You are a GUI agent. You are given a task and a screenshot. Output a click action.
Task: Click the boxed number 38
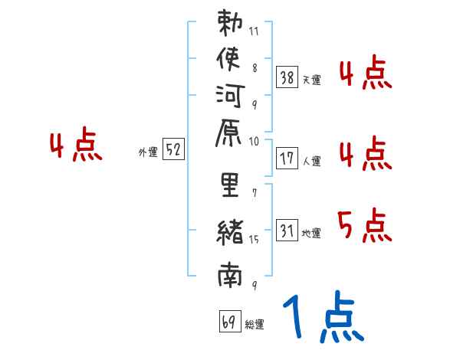(287, 77)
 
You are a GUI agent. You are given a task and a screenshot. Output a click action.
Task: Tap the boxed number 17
(287, 159)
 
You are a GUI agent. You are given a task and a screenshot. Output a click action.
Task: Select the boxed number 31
(287, 230)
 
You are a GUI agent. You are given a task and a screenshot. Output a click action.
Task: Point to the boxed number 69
(229, 321)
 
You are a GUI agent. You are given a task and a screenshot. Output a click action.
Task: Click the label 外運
(148, 152)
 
